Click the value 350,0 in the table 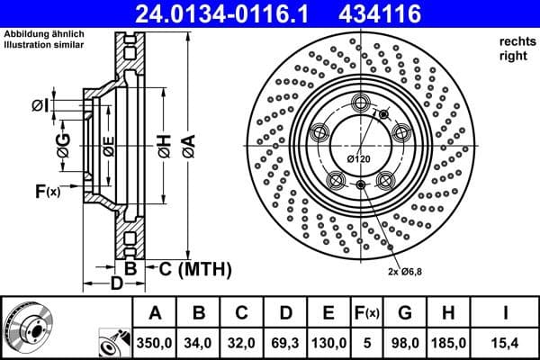click(x=155, y=343)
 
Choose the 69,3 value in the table click(x=285, y=343)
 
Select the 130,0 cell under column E click(x=329, y=343)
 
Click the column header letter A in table click(x=155, y=314)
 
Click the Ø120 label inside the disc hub click(x=360, y=160)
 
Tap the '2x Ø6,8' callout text click(x=405, y=271)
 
